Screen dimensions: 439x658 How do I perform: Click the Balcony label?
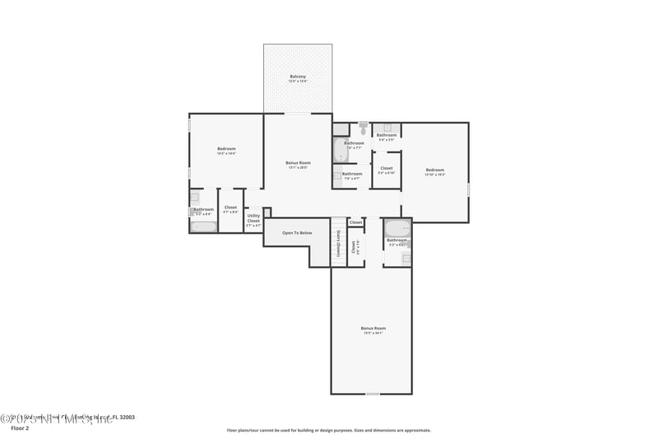click(x=298, y=77)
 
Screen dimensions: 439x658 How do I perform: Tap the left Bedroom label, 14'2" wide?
click(x=226, y=149)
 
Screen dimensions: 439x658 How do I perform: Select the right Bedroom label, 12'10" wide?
click(x=434, y=170)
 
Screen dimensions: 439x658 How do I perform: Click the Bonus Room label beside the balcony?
click(x=298, y=163)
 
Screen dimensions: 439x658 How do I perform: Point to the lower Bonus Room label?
click(x=373, y=329)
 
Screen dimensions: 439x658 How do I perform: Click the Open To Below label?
click(x=297, y=233)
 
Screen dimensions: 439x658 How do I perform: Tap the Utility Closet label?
click(x=253, y=218)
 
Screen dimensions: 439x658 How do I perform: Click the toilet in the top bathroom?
click(x=363, y=128)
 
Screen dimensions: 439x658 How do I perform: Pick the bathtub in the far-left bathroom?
click(x=204, y=226)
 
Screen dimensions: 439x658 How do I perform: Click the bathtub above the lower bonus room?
click(x=396, y=228)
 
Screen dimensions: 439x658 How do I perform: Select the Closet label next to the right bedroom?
click(x=387, y=169)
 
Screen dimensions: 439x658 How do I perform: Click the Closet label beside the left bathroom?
click(x=230, y=208)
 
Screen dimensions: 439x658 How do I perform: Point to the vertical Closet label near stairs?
click(x=354, y=245)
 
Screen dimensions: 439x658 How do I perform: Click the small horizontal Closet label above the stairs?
click(x=355, y=222)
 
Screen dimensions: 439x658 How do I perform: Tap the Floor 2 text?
click(x=19, y=428)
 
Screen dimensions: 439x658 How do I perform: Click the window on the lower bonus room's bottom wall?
click(x=373, y=394)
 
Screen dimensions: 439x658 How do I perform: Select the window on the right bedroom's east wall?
click(x=469, y=189)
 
